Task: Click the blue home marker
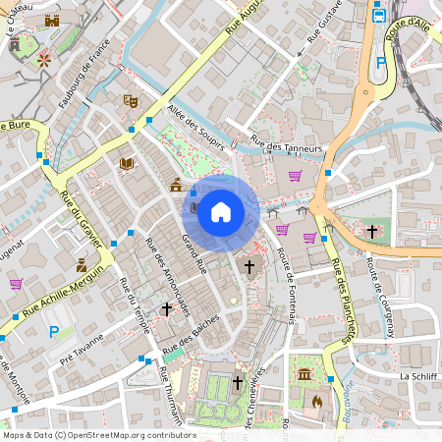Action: tap(220, 211)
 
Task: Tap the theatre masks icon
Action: tap(129, 100)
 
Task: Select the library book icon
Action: tap(126, 163)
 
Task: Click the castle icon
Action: tap(52, 20)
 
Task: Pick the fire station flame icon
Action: tap(316, 400)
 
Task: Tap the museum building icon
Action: tap(305, 375)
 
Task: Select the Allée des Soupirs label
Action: tap(195, 128)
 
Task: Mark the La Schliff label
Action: tap(416, 376)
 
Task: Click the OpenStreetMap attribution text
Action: tap(98, 435)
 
